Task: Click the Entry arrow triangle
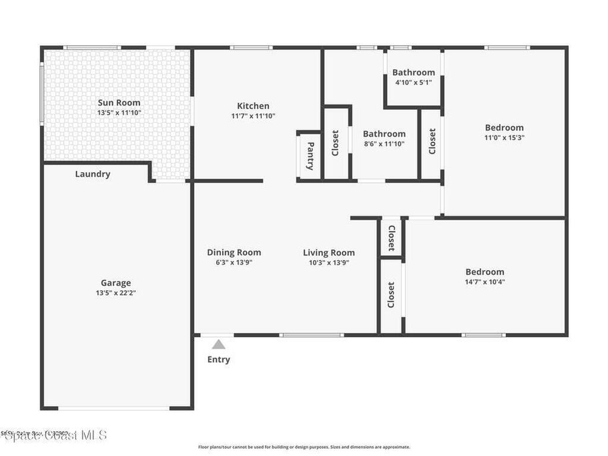pyautogui.click(x=219, y=344)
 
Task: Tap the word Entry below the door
pyautogui.click(x=218, y=359)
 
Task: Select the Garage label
pyautogui.click(x=116, y=283)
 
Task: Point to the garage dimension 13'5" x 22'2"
pyautogui.click(x=116, y=293)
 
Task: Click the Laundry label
pyautogui.click(x=93, y=174)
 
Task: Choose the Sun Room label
pyautogui.click(x=119, y=102)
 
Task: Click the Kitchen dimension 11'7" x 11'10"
pyautogui.click(x=254, y=116)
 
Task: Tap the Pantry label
pyautogui.click(x=309, y=156)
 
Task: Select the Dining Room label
pyautogui.click(x=234, y=252)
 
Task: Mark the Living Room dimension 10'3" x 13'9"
pyautogui.click(x=329, y=262)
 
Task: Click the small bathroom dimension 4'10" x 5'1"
pyautogui.click(x=413, y=83)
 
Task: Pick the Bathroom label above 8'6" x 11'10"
pyautogui.click(x=384, y=134)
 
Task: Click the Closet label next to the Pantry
pyautogui.click(x=335, y=143)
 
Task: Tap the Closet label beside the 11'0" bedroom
pyautogui.click(x=432, y=141)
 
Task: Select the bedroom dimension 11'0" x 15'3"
pyautogui.click(x=504, y=137)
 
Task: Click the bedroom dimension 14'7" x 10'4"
pyautogui.click(x=484, y=282)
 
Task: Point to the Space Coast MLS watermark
pyautogui.click(x=55, y=435)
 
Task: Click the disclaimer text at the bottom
pyautogui.click(x=303, y=447)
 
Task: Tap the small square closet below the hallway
pyautogui.click(x=391, y=237)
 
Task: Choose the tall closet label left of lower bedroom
pyautogui.click(x=391, y=295)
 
